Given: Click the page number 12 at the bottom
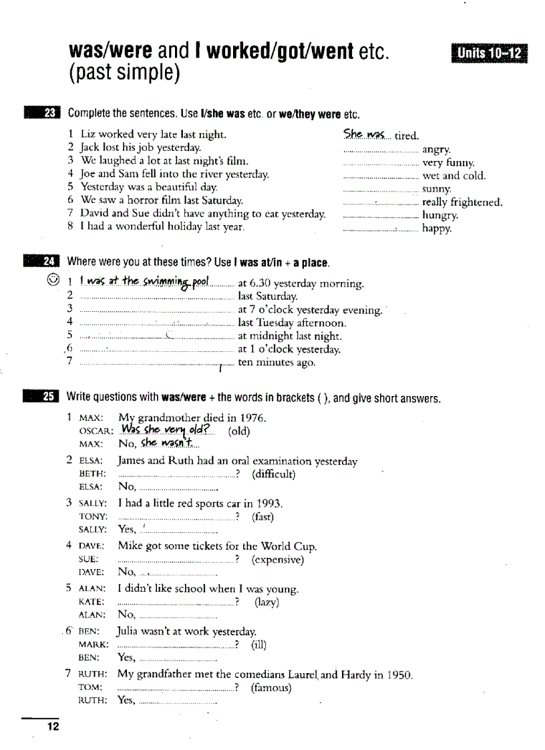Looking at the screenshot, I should (52, 727).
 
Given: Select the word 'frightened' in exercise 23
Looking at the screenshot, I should (476, 202).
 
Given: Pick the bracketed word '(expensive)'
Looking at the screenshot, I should (277, 559).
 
